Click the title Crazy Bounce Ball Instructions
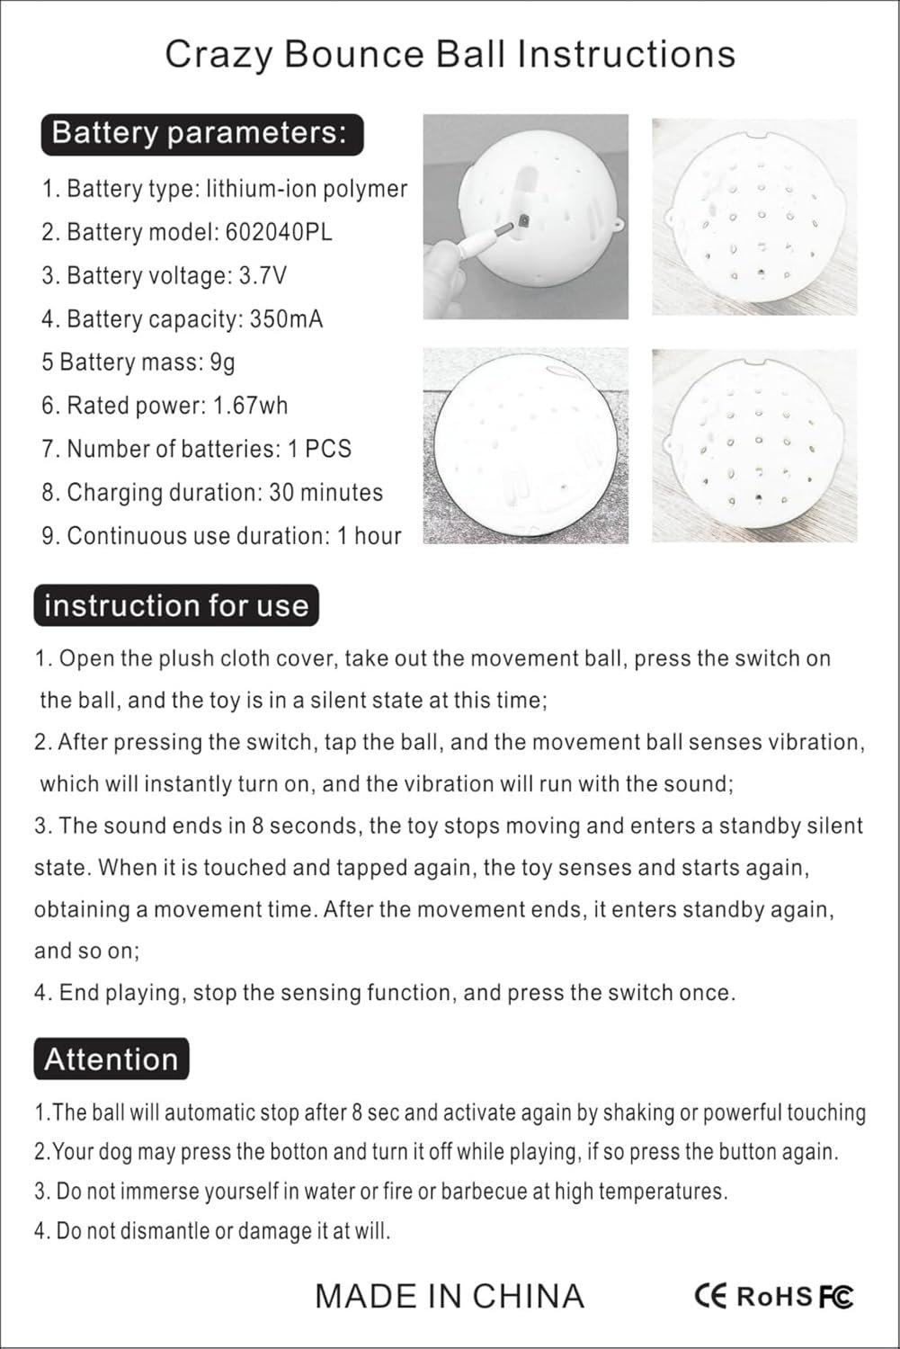(x=450, y=55)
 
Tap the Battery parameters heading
(x=200, y=133)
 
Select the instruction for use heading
(x=176, y=605)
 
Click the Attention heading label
(x=111, y=1059)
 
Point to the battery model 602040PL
(x=278, y=232)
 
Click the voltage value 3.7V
(x=263, y=275)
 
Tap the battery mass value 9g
(x=222, y=362)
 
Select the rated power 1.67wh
(x=250, y=406)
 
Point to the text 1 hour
(x=369, y=536)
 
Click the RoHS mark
(x=774, y=1296)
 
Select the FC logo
(x=835, y=1296)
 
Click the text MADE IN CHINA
(x=450, y=1296)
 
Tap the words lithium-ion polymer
(x=307, y=189)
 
